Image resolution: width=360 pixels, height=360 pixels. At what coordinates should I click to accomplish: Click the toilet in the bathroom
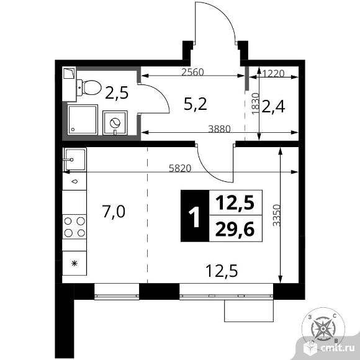(89, 88)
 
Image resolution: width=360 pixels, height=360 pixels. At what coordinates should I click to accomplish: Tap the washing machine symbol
(115, 123)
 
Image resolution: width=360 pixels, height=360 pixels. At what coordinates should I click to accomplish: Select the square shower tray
(83, 120)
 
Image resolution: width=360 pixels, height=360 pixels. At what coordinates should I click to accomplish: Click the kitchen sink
(75, 160)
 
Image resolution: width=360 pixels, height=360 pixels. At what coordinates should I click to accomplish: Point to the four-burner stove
(74, 227)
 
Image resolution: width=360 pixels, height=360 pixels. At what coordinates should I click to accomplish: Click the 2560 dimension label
(192, 73)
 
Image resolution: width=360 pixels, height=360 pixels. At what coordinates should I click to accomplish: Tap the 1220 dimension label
(273, 73)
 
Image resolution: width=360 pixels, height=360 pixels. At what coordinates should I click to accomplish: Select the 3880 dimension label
(219, 129)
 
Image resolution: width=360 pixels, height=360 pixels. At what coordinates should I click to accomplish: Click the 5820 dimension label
(180, 169)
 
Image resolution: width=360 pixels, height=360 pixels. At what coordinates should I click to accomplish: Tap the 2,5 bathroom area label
(117, 92)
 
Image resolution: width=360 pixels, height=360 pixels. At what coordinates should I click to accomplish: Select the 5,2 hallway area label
(196, 104)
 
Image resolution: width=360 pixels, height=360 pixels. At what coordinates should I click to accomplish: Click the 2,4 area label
(273, 107)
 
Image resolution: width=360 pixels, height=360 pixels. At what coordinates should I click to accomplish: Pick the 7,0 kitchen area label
(114, 212)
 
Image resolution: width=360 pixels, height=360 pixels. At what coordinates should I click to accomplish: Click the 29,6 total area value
(235, 229)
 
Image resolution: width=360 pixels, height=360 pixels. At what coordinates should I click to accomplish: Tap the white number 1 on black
(194, 216)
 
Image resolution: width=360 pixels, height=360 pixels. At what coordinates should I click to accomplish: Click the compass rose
(323, 329)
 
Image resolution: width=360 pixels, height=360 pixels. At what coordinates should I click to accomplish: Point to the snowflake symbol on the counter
(74, 263)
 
